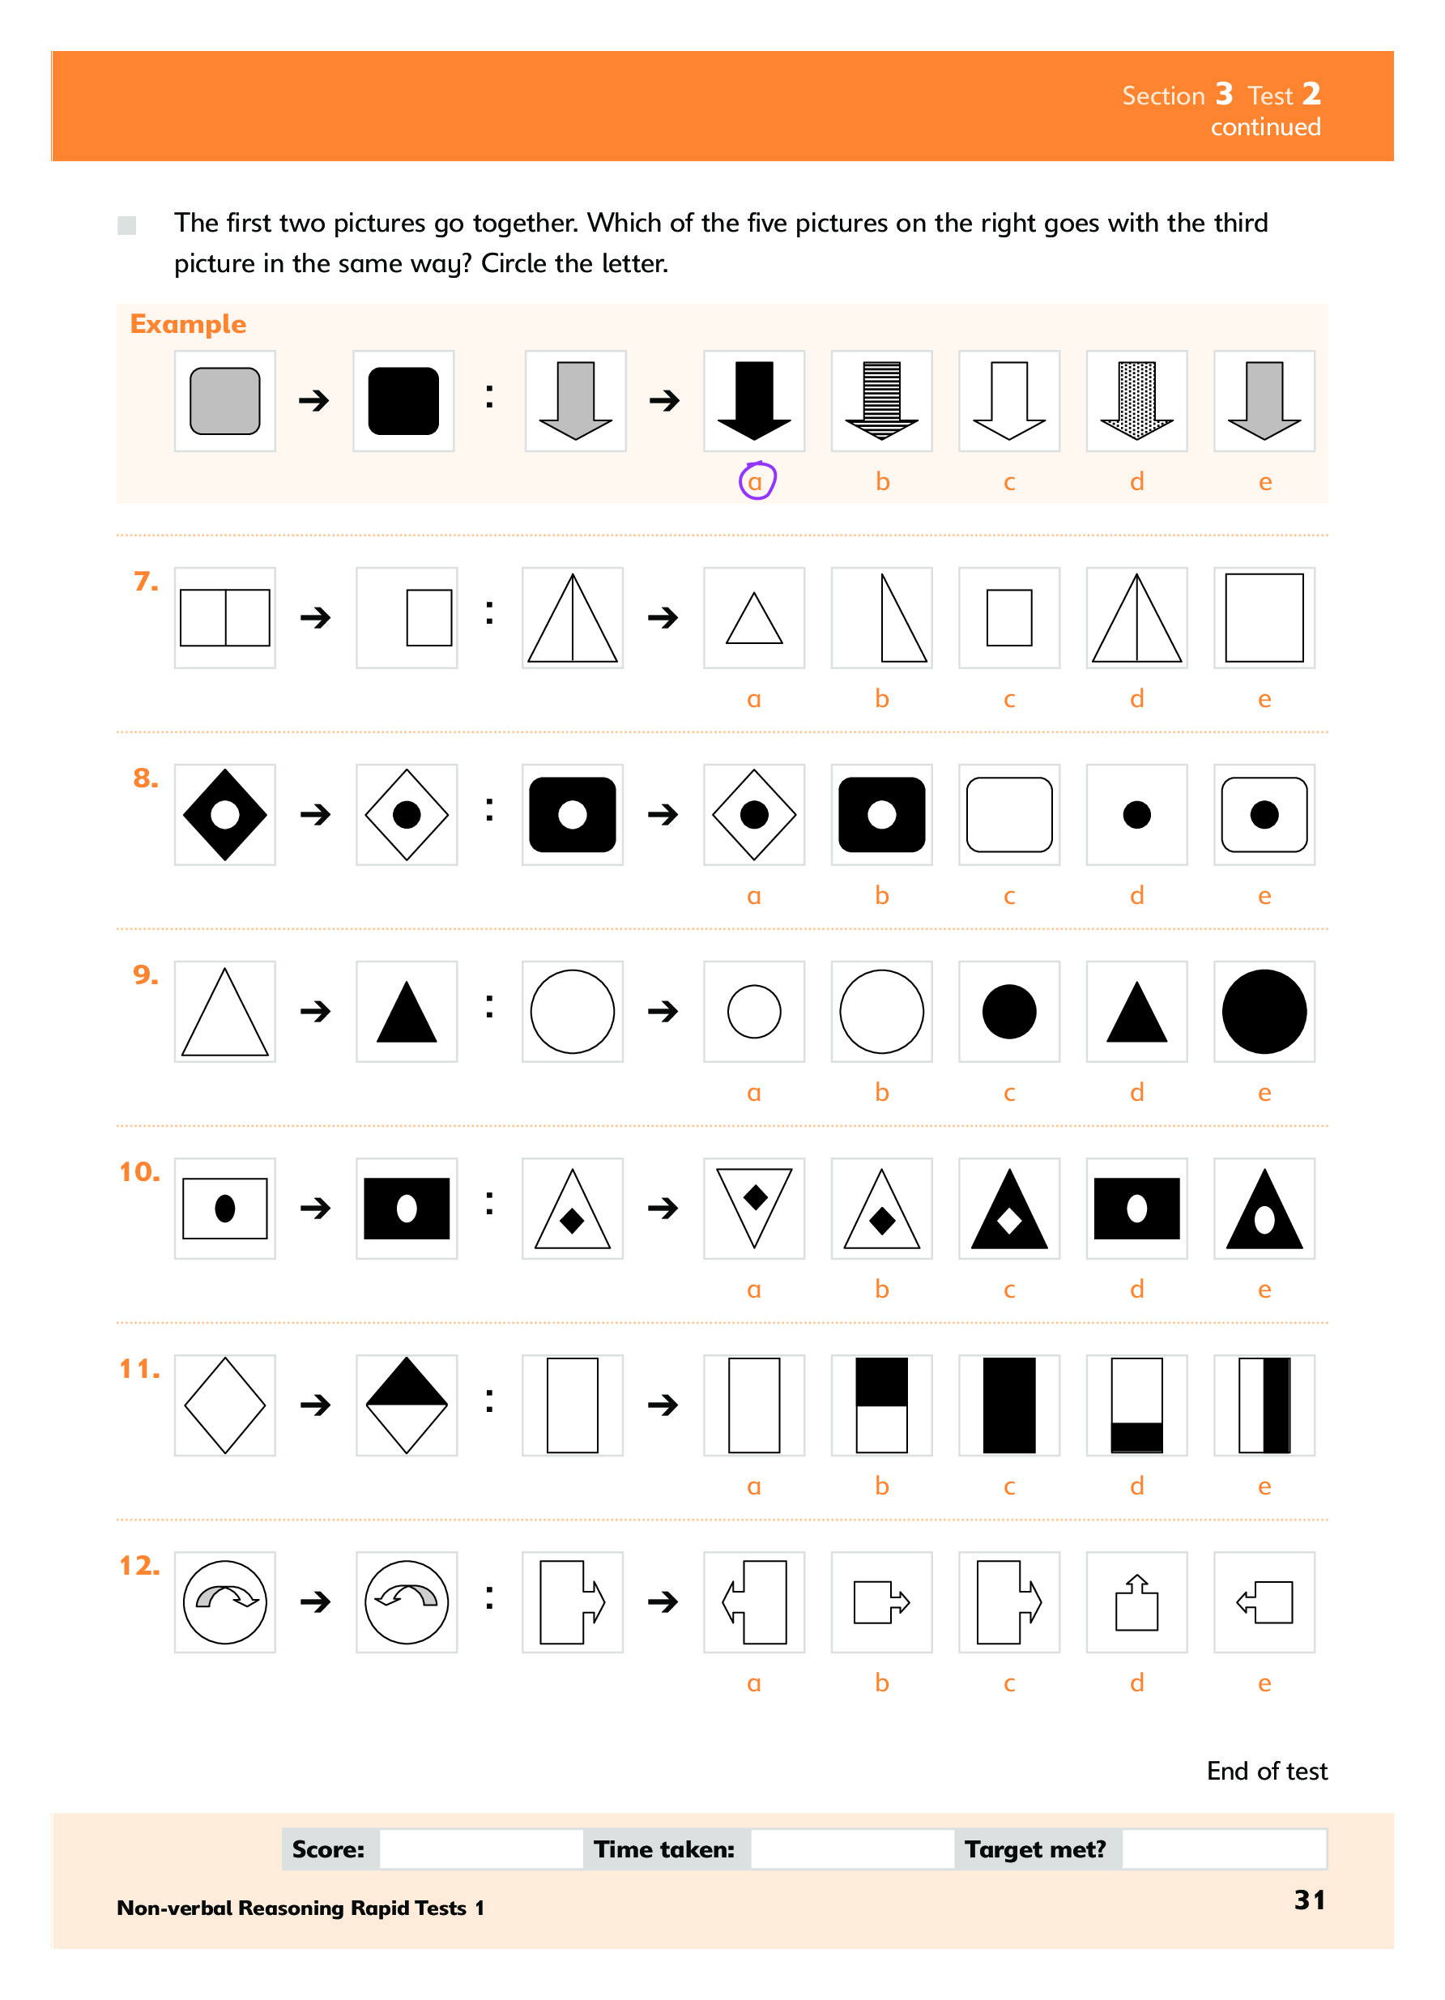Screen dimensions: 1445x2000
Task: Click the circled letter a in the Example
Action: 755,482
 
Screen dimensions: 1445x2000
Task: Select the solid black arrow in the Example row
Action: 754,400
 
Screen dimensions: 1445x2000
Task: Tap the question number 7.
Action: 146,582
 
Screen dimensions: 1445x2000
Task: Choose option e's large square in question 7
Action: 1264,617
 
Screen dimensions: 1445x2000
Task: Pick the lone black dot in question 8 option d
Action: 1136,815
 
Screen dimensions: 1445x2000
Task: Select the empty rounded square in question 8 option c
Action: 1008,815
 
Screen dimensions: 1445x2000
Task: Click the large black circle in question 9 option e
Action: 1264,1012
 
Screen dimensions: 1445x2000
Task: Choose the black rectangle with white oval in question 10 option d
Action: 1136,1208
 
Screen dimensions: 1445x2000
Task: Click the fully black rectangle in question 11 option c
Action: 1008,1405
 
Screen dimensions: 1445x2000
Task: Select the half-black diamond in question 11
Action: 407,1405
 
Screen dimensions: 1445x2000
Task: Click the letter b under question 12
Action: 881,1682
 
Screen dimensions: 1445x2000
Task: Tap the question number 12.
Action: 139,1566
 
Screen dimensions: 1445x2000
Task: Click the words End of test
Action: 1267,1771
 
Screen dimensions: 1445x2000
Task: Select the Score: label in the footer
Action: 328,1849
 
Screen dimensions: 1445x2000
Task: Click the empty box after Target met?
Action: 1224,1849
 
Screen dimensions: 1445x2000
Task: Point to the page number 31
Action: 1309,1900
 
